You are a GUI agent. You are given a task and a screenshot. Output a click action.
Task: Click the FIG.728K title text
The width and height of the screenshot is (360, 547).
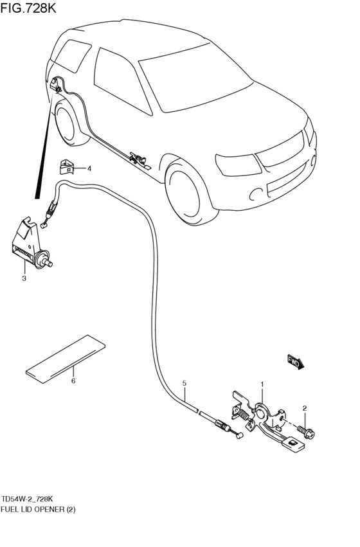click(28, 8)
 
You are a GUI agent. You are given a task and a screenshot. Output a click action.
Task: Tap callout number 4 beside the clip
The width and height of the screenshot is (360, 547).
click(89, 169)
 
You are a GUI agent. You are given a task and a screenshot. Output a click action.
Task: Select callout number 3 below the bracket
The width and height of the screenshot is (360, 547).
click(24, 278)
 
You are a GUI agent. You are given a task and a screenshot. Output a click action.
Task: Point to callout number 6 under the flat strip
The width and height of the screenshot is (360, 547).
click(73, 381)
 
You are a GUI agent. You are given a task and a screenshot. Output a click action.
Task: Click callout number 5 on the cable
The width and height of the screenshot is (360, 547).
click(184, 383)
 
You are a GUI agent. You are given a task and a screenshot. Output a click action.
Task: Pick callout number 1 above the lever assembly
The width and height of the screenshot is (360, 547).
click(262, 384)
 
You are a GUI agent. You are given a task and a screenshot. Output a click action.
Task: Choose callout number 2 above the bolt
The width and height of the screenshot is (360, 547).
click(305, 408)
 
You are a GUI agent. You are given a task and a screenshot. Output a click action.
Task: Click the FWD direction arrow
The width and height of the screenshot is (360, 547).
click(296, 362)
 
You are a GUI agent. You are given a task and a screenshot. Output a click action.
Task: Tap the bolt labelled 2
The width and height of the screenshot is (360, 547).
click(306, 431)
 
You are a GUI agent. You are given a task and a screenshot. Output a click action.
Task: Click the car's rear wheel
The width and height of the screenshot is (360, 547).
click(67, 122)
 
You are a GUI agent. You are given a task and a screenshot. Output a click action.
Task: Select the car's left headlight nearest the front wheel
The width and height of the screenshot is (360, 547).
click(238, 165)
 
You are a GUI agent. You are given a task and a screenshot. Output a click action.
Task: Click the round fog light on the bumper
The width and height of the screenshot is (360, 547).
click(256, 194)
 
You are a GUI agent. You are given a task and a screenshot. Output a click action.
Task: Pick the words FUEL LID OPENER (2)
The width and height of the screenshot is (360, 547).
click(38, 509)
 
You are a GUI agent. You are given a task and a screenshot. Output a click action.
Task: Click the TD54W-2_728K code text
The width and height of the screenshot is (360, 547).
click(28, 498)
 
